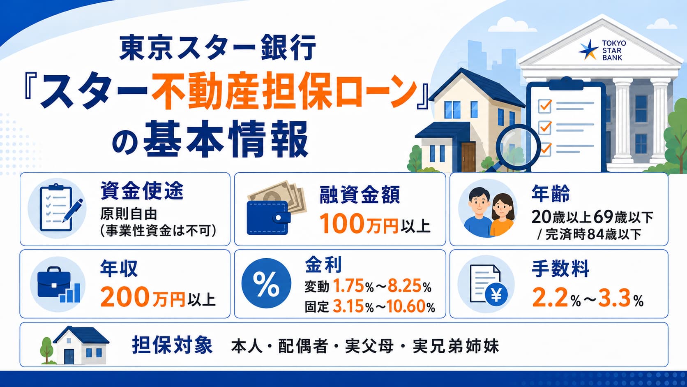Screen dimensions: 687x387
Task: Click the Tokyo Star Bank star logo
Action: pyautogui.click(x=588, y=50)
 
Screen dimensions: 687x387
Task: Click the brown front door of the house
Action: pyautogui.click(x=468, y=157)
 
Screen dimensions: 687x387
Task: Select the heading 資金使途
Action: pyautogui.click(x=142, y=191)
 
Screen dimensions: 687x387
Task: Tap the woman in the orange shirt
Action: pyautogui.click(x=502, y=215)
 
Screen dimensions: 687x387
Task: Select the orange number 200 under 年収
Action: pyautogui.click(x=124, y=297)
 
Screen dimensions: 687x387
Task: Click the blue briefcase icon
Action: pyautogui.click(x=54, y=283)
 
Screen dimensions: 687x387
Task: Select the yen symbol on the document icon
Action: pyautogui.click(x=496, y=295)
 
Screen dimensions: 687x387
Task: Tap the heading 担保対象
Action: pyautogui.click(x=172, y=345)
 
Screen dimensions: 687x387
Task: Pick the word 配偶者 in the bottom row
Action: pyautogui.click(x=302, y=346)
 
